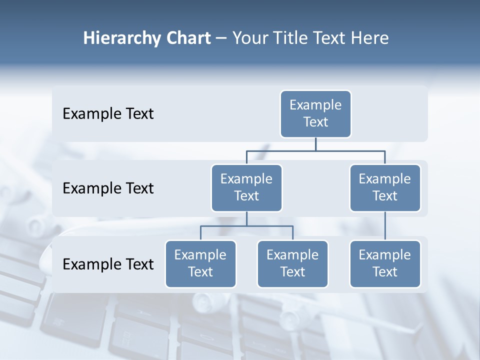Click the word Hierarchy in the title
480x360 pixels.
click(x=121, y=38)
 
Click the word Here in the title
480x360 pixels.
click(x=369, y=38)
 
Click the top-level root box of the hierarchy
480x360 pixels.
click(x=315, y=114)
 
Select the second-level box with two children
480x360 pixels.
click(x=246, y=188)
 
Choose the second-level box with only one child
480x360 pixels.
click(x=385, y=188)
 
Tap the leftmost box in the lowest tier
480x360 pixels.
click(x=200, y=264)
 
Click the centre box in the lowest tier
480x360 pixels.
click(x=292, y=264)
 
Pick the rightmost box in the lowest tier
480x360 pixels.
click(x=385, y=264)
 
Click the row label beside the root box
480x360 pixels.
click(x=108, y=114)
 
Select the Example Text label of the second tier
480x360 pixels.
click(x=108, y=188)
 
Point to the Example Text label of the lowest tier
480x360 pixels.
click(x=108, y=264)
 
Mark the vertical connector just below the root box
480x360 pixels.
click(x=315, y=144)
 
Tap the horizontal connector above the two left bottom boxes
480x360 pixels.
click(x=246, y=226)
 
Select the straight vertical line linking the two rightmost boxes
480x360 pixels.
click(x=385, y=226)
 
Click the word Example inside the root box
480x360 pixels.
click(x=315, y=105)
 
